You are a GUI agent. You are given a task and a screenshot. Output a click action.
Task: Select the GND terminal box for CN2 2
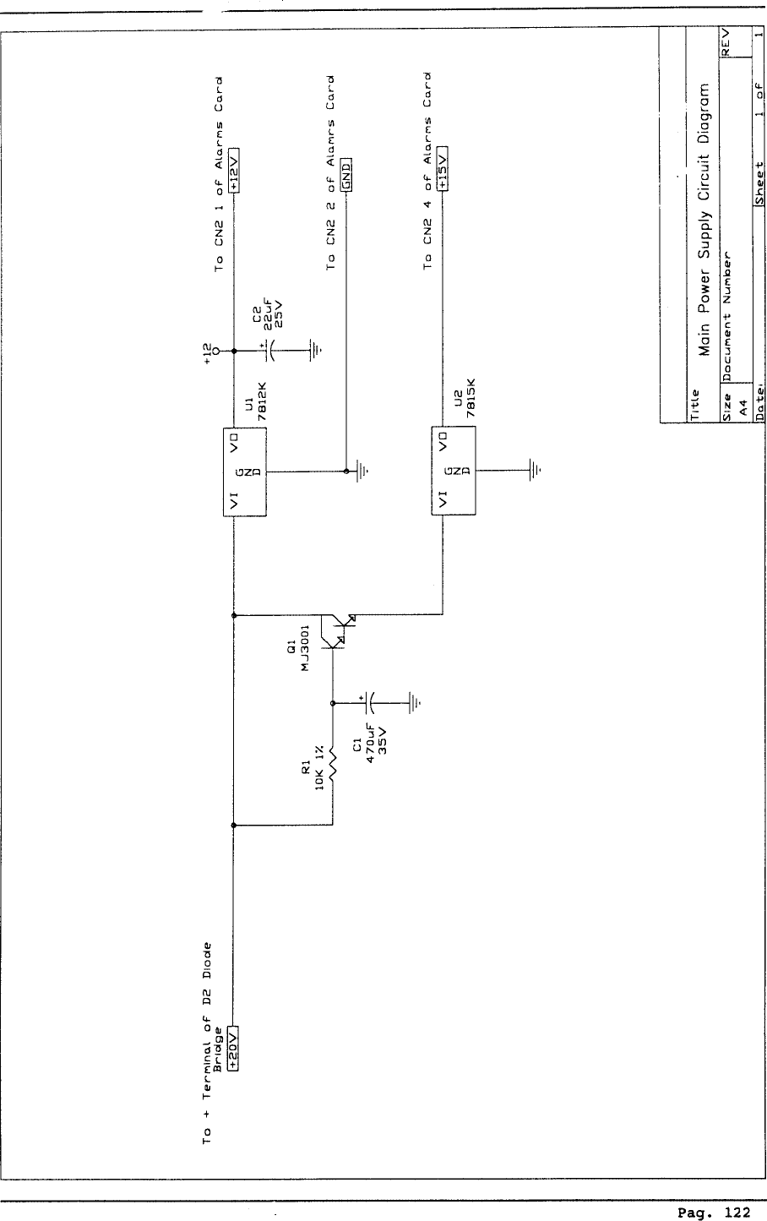click(x=345, y=174)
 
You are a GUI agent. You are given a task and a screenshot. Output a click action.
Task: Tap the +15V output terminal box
click(x=441, y=169)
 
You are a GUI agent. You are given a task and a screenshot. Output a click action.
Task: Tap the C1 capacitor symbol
click(x=370, y=701)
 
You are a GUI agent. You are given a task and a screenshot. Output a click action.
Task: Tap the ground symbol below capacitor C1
click(x=414, y=701)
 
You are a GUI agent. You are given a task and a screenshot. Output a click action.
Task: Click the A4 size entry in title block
click(x=743, y=406)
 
